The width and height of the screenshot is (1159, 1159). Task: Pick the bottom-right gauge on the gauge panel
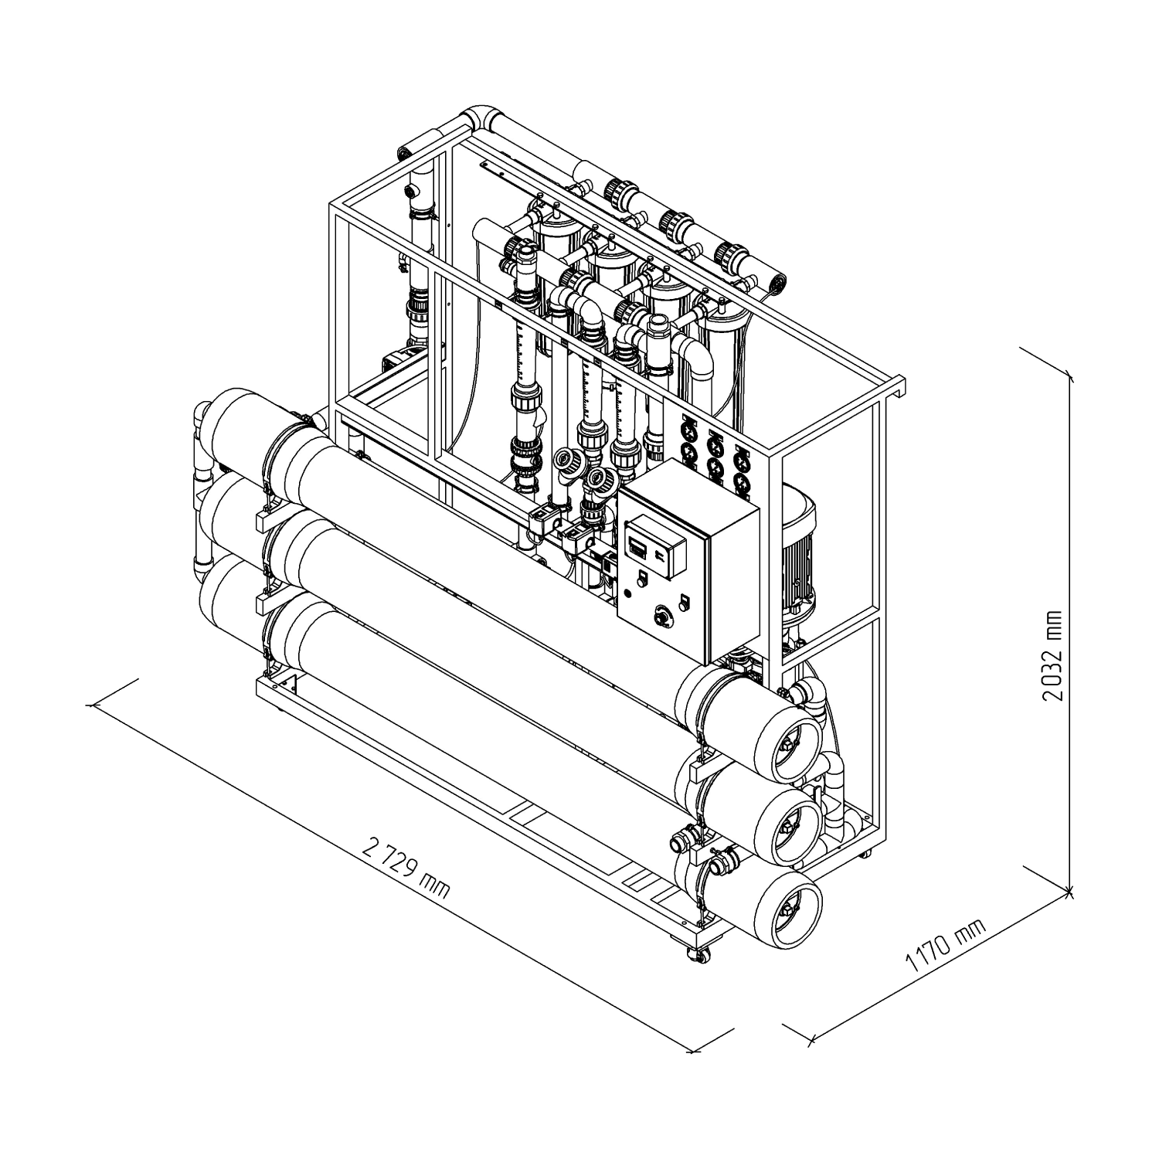[742, 483]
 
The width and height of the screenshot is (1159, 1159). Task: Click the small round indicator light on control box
[627, 593]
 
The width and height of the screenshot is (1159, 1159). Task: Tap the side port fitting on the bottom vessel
[685, 840]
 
